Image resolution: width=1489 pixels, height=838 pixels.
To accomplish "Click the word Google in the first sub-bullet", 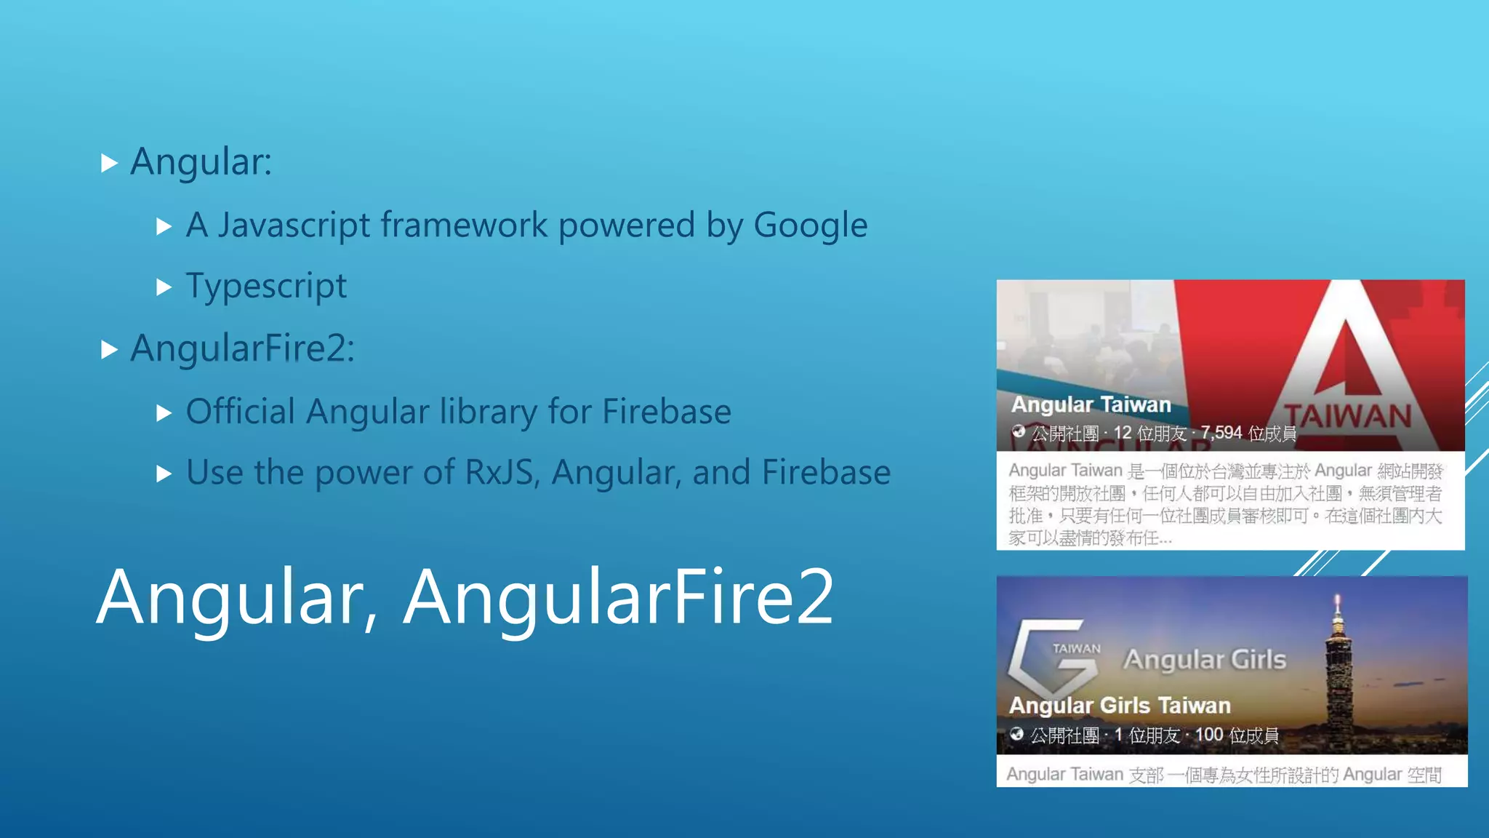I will point(810,226).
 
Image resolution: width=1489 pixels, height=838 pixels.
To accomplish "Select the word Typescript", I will point(266,287).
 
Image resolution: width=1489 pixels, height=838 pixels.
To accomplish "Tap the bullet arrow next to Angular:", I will point(109,163).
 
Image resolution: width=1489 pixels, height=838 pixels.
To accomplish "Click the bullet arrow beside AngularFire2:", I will point(109,350).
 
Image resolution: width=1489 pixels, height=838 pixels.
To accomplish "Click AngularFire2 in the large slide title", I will point(619,597).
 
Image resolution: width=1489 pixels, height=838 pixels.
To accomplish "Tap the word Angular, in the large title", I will point(237,597).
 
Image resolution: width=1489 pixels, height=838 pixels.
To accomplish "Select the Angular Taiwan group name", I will point(1091,404).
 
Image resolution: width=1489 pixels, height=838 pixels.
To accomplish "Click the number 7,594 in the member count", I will point(1221,433).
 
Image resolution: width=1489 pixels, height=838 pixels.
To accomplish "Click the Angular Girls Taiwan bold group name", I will point(1120,705).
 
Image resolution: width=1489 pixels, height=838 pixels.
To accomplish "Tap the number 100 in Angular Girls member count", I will point(1209,735).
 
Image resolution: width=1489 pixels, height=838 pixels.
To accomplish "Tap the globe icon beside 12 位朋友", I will point(1019,432).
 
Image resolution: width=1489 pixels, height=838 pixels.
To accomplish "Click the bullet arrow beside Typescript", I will point(164,287).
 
